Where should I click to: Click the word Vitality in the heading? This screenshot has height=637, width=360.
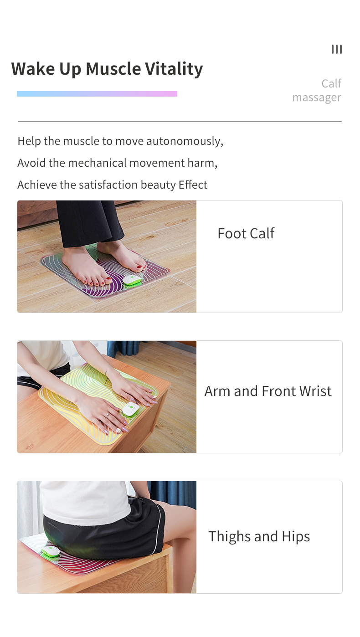coord(174,69)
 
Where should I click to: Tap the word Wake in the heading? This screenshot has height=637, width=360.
coord(33,69)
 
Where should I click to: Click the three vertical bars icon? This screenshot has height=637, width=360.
coord(337,49)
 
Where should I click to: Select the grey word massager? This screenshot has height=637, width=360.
coord(317,98)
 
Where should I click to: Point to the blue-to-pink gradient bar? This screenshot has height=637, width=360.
coord(97,94)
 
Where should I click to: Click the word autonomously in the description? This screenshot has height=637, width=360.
coord(185,141)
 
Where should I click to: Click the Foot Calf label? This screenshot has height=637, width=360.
coord(246,233)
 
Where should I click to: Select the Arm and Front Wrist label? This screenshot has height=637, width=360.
coord(268,391)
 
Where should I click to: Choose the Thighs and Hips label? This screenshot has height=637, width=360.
coord(259,537)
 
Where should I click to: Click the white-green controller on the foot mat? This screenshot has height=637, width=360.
coord(132,281)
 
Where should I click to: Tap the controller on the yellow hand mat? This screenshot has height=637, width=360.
coord(131,409)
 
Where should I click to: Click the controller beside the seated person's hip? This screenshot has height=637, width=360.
coord(50,551)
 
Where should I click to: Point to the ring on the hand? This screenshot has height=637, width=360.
coord(108,415)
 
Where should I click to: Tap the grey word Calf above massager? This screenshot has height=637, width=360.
coord(331,83)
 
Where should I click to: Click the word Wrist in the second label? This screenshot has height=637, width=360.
coord(315,391)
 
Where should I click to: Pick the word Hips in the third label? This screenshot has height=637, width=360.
coord(296,537)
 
